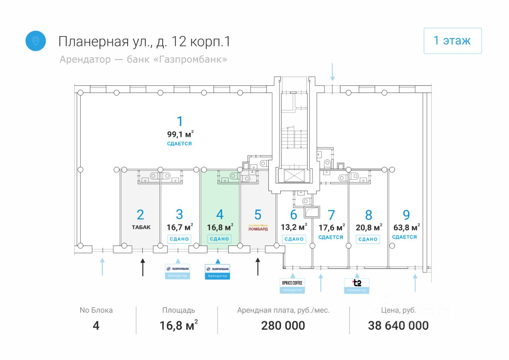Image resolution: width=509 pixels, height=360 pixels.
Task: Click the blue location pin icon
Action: point(36,41)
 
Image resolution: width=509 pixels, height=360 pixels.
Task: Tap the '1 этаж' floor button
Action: point(453,41)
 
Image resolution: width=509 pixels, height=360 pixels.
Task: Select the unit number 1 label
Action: point(180,121)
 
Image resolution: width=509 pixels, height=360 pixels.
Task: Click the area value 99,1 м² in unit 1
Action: point(180,134)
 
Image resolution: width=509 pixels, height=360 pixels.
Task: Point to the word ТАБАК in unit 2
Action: point(141,228)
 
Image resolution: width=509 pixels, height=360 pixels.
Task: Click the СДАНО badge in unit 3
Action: point(179,239)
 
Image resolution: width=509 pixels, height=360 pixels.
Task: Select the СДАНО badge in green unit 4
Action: point(220,239)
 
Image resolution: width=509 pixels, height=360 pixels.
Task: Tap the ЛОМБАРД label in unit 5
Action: point(258,229)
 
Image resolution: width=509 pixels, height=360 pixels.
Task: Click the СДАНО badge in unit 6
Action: point(294,239)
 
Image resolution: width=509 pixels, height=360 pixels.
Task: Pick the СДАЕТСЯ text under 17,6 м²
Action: point(331,237)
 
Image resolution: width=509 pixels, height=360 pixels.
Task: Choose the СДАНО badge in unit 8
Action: point(368,239)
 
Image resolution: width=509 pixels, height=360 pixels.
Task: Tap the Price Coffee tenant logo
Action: point(292,283)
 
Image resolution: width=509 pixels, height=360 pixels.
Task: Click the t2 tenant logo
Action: point(357,283)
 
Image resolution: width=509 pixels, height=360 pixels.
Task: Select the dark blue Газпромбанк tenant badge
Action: point(218,271)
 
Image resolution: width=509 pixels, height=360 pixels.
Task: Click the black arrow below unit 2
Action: point(143,267)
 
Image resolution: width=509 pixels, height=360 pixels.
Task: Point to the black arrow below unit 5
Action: point(258,267)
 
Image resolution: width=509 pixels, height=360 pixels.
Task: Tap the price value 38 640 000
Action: point(398,326)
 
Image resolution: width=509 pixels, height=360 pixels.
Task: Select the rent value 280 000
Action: point(283,326)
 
